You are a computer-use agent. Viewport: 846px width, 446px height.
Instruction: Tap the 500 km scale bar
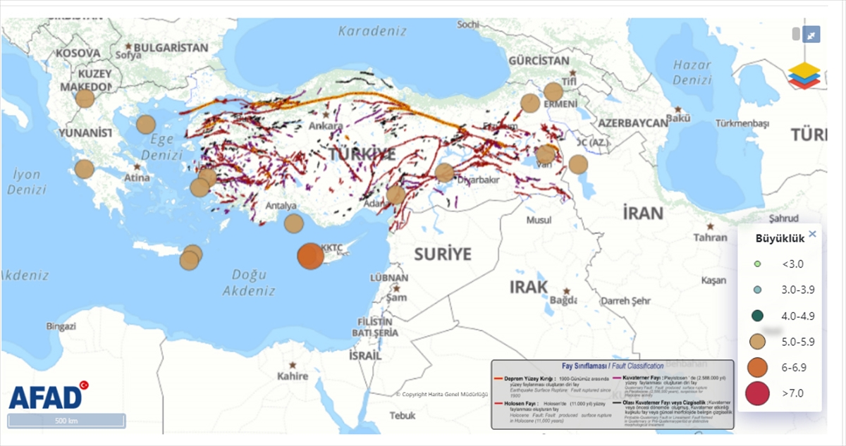[66, 421]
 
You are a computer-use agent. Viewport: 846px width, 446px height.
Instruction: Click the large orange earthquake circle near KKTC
[310, 256]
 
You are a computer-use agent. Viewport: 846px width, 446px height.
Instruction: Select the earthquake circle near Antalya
[293, 223]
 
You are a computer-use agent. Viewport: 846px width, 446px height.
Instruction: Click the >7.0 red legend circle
[757, 392]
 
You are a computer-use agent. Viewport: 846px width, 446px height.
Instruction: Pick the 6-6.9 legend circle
[757, 366]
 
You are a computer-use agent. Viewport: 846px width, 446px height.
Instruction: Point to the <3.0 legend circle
[757, 264]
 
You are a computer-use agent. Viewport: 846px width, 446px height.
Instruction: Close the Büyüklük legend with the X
[812, 234]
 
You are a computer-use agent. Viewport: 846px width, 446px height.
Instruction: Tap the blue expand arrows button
[811, 35]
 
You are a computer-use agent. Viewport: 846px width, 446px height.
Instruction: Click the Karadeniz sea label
[372, 31]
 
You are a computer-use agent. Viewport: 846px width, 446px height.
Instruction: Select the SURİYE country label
[442, 254]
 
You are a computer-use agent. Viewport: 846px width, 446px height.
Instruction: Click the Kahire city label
[293, 376]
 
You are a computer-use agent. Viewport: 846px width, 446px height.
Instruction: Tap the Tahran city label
[710, 237]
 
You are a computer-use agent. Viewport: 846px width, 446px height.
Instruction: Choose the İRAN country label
[642, 213]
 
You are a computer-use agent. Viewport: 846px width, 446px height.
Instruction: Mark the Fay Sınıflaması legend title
[612, 366]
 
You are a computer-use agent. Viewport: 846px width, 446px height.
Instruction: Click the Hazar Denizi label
[692, 72]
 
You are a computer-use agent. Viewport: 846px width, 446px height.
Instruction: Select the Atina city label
[137, 178]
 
